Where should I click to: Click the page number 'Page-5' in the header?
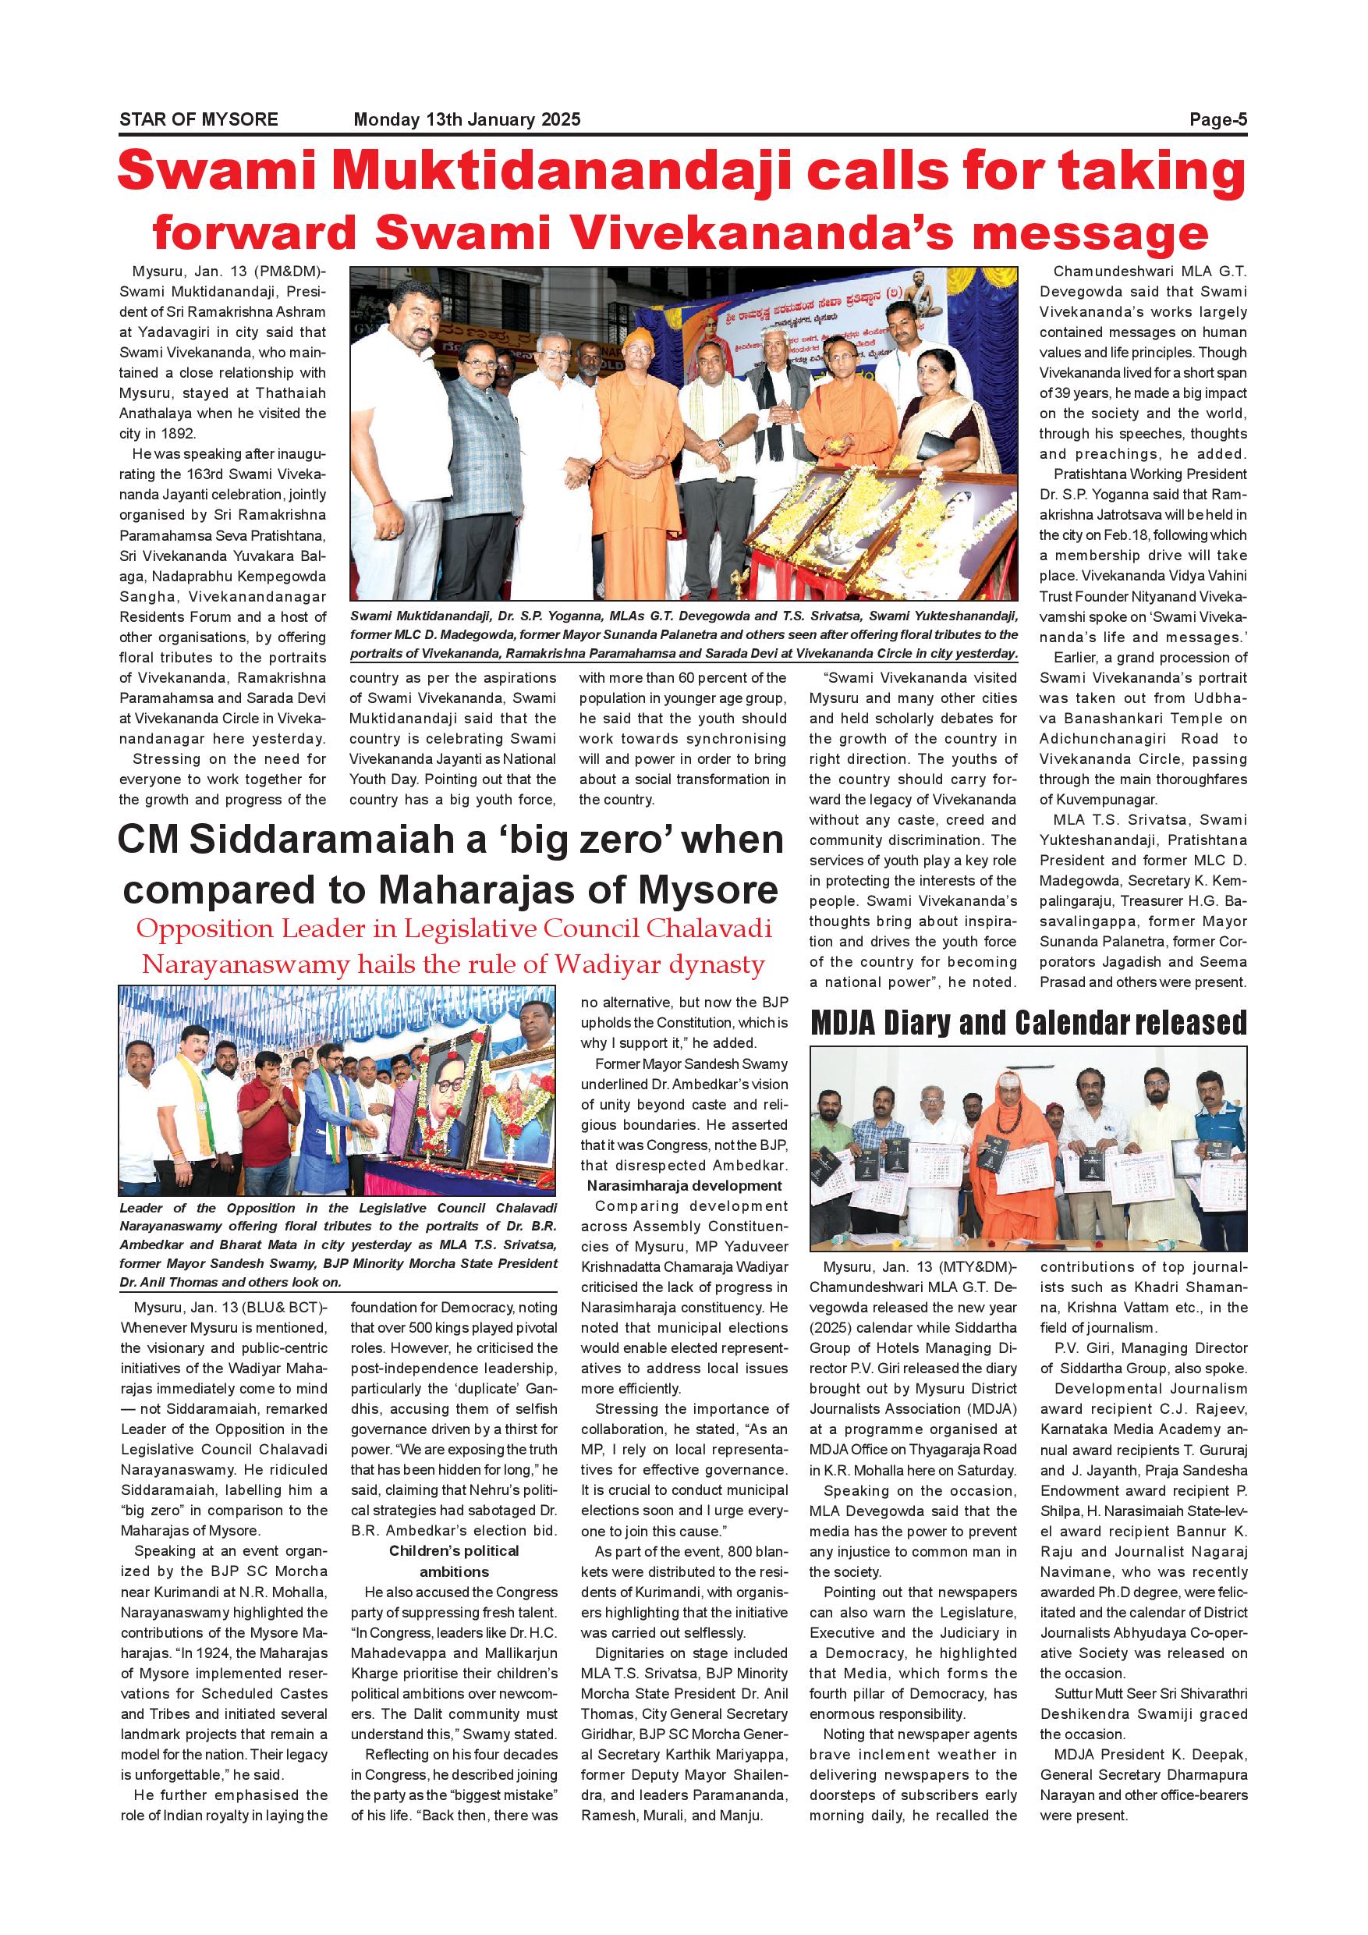coord(1217,119)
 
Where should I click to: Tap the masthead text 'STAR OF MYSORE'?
coord(199,119)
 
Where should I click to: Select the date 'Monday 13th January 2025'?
coord(466,119)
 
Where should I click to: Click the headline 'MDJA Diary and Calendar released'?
coord(1028,1023)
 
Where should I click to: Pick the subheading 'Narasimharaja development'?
coord(684,1186)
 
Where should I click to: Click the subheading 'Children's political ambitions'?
coord(454,1560)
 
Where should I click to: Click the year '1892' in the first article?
coord(176,434)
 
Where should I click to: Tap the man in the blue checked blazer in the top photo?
coord(477,421)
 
